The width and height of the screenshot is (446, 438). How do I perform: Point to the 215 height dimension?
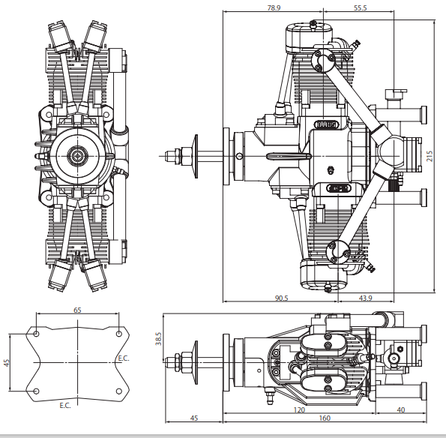(x=430, y=156)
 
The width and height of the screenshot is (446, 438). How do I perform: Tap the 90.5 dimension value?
(x=282, y=298)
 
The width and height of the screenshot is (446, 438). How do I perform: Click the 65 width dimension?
(x=78, y=309)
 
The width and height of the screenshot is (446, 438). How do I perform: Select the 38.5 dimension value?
(x=158, y=338)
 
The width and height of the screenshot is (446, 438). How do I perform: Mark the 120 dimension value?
(x=298, y=410)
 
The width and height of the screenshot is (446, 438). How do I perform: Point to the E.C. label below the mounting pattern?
(x=65, y=405)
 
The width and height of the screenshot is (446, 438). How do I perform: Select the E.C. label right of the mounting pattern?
(x=123, y=358)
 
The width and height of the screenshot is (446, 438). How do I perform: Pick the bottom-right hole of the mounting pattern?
(x=120, y=391)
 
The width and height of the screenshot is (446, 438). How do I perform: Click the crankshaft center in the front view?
(x=78, y=155)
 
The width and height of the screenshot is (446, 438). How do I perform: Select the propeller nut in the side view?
(x=179, y=155)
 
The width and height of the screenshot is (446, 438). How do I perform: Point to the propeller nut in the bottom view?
(x=179, y=361)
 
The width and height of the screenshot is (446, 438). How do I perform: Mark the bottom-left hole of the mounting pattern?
(x=36, y=391)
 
